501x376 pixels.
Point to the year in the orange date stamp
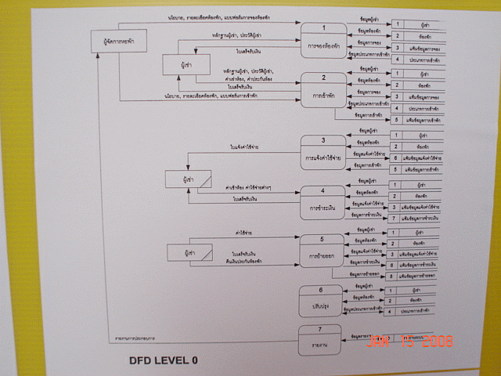pos(436,342)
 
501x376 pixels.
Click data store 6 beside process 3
pos(416,157)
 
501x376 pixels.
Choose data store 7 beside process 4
pos(416,218)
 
